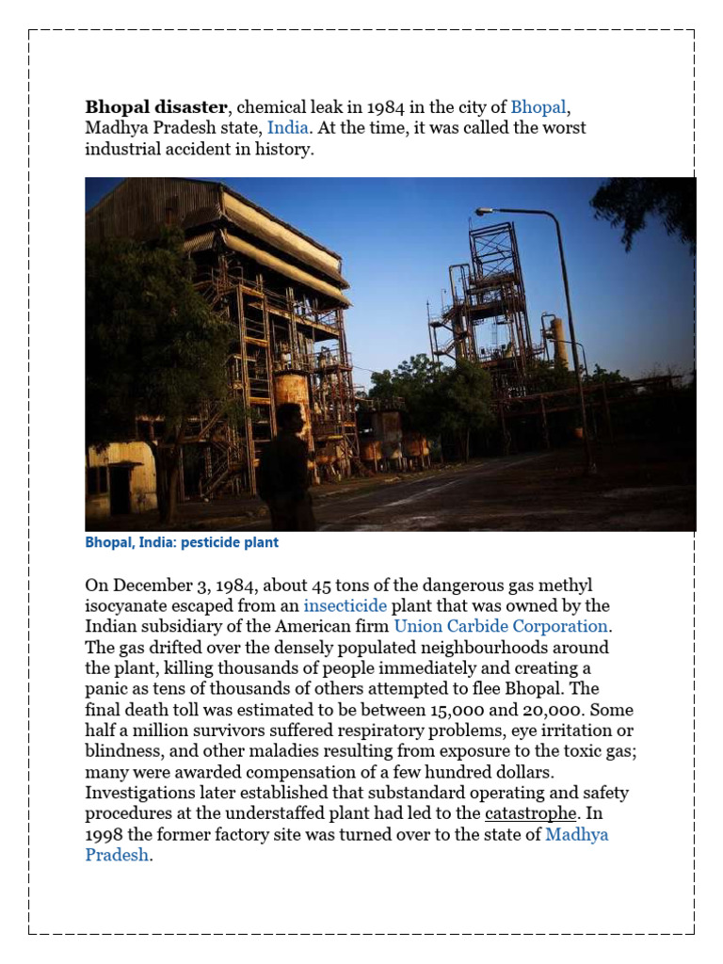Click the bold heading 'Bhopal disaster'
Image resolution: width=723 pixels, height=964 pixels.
tap(156, 106)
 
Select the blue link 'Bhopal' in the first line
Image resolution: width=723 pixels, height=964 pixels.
tap(538, 106)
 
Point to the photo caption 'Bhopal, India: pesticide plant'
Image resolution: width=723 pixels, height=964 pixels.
tap(182, 543)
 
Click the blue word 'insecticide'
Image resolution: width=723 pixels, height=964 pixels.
tap(345, 605)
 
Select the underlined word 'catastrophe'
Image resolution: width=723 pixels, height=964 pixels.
tap(530, 813)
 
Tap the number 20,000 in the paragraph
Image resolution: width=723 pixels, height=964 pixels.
tap(545, 710)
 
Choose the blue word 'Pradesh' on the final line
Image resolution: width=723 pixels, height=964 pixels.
tap(117, 855)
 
